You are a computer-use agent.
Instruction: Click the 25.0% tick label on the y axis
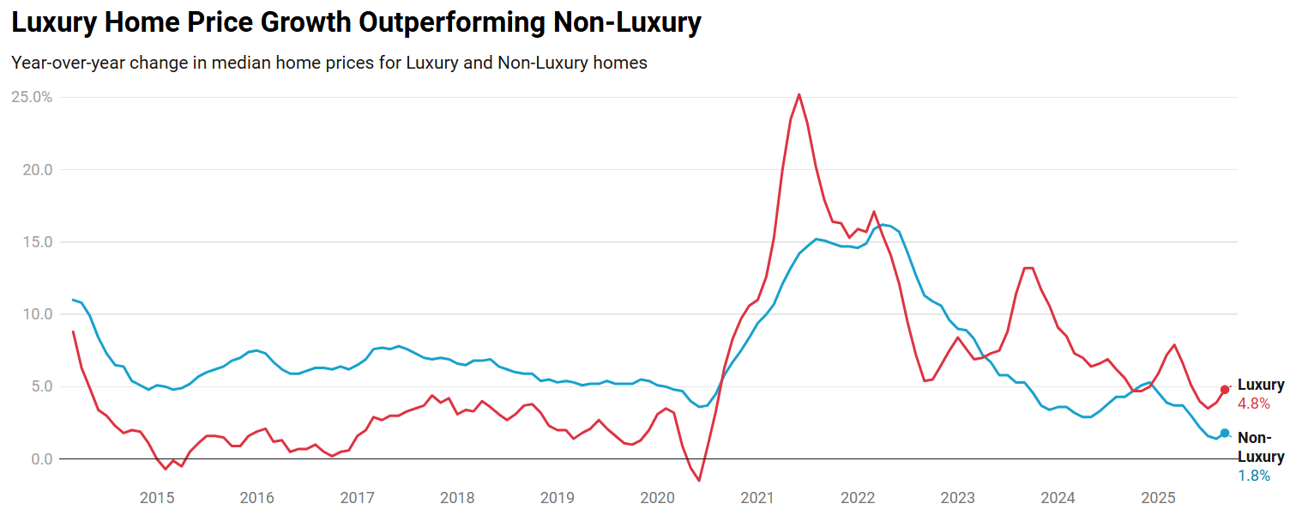(32, 97)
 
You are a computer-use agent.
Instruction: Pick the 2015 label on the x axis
(157, 498)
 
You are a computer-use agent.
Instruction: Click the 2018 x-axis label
(457, 498)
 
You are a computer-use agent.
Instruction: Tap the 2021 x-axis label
(757, 498)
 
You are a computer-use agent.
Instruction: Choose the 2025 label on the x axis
(1158, 498)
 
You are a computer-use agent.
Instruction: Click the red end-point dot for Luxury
(1225, 390)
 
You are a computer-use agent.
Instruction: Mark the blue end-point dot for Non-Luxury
(1225, 434)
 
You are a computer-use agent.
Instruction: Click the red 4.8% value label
(1253, 404)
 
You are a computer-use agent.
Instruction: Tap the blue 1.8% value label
(1253, 476)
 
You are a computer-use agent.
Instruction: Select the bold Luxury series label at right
(1261, 385)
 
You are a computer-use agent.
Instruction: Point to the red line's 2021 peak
(799, 94)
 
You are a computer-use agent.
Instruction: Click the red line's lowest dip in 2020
(699, 480)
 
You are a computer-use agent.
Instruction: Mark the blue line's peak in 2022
(883, 225)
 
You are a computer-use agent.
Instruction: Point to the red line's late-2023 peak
(1029, 268)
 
